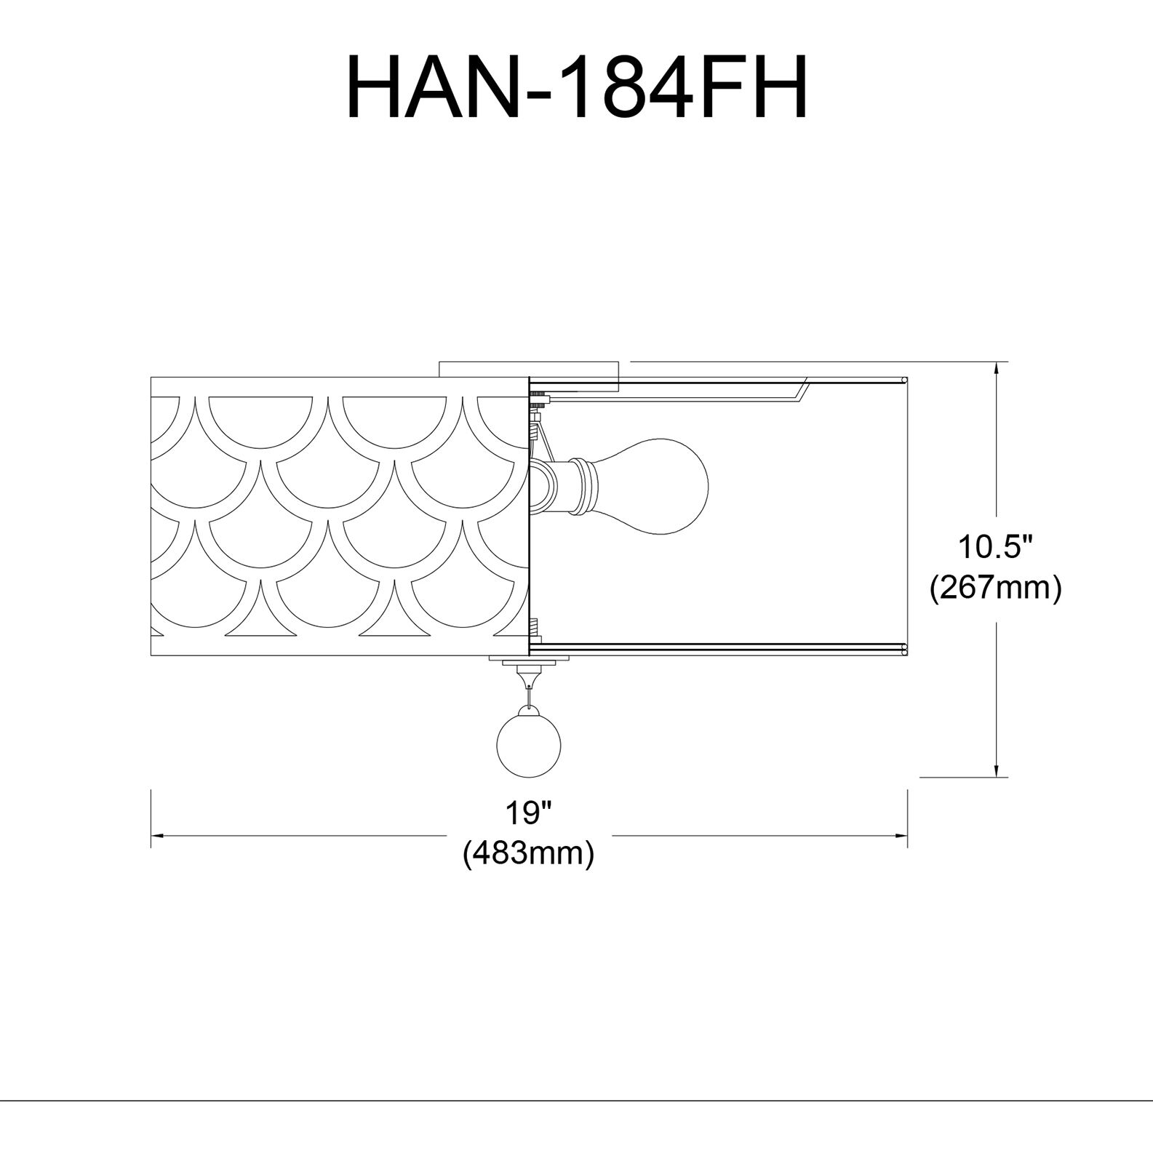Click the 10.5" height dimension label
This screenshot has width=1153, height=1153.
pyautogui.click(x=994, y=547)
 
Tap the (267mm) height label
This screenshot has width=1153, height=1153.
pyautogui.click(x=995, y=588)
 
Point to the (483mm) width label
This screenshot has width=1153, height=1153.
pyautogui.click(x=529, y=852)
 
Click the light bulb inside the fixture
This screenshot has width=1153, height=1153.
pyautogui.click(x=655, y=485)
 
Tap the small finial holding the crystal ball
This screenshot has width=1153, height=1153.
pyautogui.click(x=529, y=679)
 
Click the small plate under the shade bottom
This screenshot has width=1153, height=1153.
pyautogui.click(x=529, y=661)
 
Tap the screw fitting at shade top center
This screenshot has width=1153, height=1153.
pyautogui.click(x=539, y=399)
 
